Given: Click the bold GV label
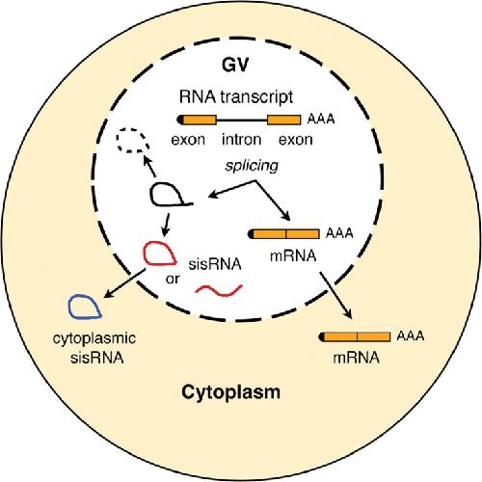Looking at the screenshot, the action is (235, 65).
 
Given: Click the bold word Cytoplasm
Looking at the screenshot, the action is (230, 392).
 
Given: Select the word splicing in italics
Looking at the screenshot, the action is (252, 167).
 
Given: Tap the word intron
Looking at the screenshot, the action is (242, 140).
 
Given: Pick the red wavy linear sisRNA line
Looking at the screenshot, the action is (219, 290).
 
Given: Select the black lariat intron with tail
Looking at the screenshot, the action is (151, 195).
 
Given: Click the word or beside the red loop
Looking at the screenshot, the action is (173, 279).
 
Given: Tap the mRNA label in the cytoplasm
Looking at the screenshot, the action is (356, 358).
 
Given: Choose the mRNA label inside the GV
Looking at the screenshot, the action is (293, 256).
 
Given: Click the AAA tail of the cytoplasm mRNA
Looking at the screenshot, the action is (411, 336).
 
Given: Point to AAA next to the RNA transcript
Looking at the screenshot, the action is (321, 120).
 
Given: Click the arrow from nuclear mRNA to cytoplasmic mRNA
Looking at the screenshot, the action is (335, 295).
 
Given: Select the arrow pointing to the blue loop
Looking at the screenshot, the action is (124, 283).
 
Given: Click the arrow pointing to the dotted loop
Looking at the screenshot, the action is (149, 166).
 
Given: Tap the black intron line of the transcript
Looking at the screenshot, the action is (242, 120).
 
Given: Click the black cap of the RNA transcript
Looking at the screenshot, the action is (180, 120).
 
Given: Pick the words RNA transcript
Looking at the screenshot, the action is (236, 97).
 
